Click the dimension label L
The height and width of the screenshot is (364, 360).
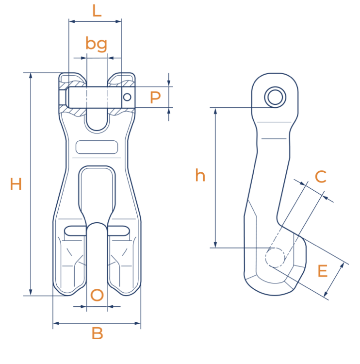coord(97,11)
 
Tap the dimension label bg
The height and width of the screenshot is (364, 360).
coord(96,44)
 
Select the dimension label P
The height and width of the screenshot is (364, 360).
coord(155,98)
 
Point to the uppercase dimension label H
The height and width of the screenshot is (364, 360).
coord(16,184)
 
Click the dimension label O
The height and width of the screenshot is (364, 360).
coord(97,295)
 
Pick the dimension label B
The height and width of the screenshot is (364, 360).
coord(97,333)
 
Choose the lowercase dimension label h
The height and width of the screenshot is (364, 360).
coord(200,175)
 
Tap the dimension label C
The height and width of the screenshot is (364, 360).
coord(320,177)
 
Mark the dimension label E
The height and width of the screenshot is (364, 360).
coord(322,271)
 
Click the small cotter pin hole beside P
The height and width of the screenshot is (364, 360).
coord(127,97)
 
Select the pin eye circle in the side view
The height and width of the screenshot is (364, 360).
coord(275,97)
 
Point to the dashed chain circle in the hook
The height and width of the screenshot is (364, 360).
coord(275,257)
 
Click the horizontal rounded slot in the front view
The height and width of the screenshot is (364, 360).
coord(97,147)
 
